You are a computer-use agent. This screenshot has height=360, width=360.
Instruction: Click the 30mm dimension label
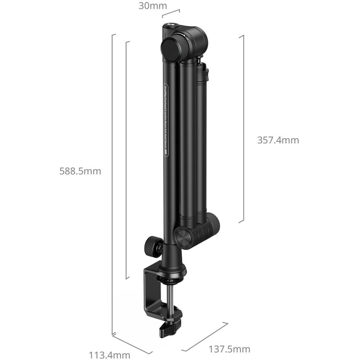(153, 6)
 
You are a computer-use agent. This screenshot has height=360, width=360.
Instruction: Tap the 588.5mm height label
(80, 171)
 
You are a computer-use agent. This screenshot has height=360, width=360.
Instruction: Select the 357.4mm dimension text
(278, 140)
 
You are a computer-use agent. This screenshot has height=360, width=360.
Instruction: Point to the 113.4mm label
(112, 355)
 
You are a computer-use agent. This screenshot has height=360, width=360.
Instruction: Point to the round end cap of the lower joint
(184, 237)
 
